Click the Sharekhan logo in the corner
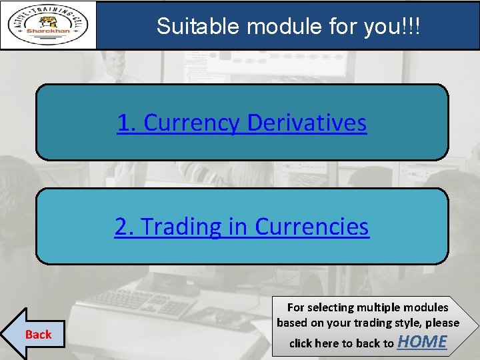tap(48, 25)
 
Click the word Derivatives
tap(307, 123)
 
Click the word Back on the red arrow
tap(38, 334)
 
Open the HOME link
tap(422, 342)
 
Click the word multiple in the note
tap(380, 307)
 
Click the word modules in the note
tap(426, 307)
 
